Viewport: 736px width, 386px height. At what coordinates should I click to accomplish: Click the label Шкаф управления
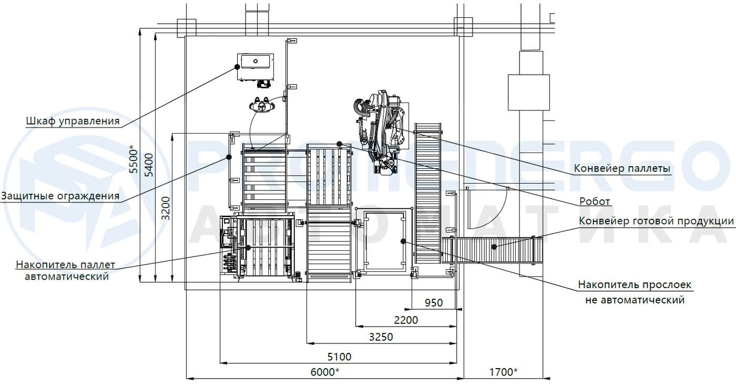point(73,121)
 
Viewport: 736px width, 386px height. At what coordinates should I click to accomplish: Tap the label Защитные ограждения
point(60,196)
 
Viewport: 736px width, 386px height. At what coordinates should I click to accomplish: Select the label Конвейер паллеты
point(622,168)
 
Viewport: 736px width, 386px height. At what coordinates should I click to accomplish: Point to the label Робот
point(595,201)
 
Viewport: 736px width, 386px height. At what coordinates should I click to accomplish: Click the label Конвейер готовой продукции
point(656,221)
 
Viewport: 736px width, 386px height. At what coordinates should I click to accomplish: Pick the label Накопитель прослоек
point(635,285)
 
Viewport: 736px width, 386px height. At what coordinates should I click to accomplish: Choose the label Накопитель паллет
point(65,265)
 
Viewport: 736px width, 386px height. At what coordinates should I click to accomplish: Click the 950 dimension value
point(434,302)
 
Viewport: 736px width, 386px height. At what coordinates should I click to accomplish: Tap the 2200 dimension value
point(406,320)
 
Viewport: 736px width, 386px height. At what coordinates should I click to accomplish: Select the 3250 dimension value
point(381,337)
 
